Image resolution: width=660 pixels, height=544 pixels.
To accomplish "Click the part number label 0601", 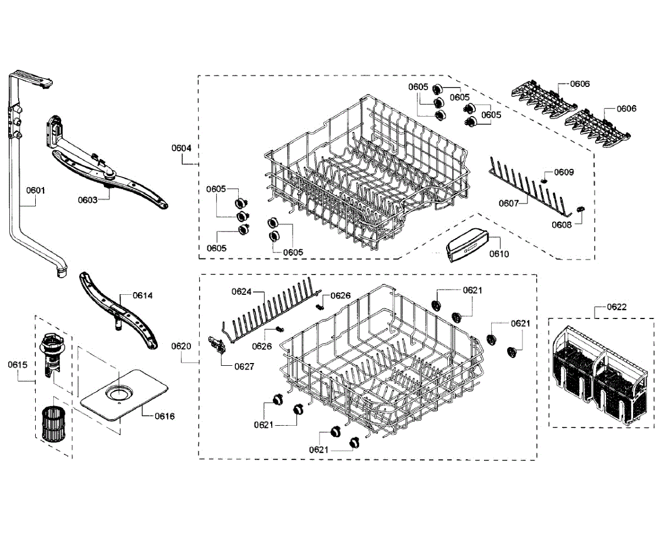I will [36, 191].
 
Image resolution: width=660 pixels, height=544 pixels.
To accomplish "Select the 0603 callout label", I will [87, 200].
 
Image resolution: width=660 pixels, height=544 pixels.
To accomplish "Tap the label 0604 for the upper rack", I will [181, 148].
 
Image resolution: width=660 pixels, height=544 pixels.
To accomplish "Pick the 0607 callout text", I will [509, 203].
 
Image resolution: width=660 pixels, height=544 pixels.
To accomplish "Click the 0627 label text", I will [244, 366].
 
